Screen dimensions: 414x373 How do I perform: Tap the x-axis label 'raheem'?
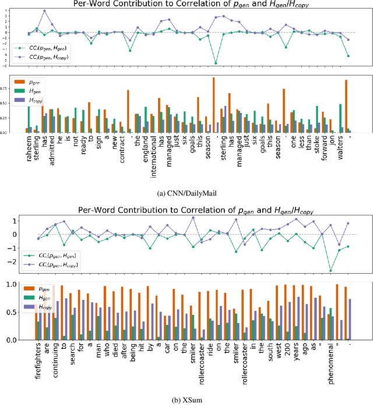tap(27, 150)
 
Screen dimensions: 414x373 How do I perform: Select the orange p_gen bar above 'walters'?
tap(346, 107)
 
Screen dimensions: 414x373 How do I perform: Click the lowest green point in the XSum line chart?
tap(330, 271)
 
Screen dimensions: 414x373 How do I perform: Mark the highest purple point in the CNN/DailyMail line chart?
tap(45, 11)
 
